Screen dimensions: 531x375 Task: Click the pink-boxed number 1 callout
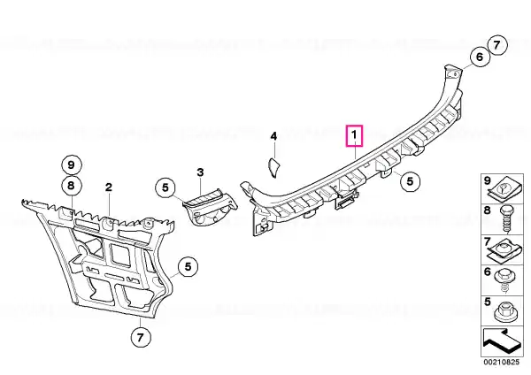point(354,135)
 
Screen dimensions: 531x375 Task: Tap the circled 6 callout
point(480,57)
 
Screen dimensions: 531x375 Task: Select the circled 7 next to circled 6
point(496,45)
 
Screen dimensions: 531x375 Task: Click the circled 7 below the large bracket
point(140,337)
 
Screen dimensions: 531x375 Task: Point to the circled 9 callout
point(71,165)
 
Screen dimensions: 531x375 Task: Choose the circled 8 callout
point(71,186)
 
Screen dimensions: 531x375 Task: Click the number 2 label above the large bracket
point(109,187)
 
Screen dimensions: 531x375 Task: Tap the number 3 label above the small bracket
point(201,172)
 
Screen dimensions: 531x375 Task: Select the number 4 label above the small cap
point(273,136)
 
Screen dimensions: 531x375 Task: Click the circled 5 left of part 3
point(165,187)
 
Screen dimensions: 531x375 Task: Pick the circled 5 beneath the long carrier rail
point(410,181)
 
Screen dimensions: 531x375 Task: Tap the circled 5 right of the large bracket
point(188,267)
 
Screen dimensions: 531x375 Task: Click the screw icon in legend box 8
point(505,220)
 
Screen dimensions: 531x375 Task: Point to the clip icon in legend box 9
point(504,190)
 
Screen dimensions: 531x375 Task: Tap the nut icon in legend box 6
point(504,281)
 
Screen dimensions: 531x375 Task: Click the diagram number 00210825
point(501,362)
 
